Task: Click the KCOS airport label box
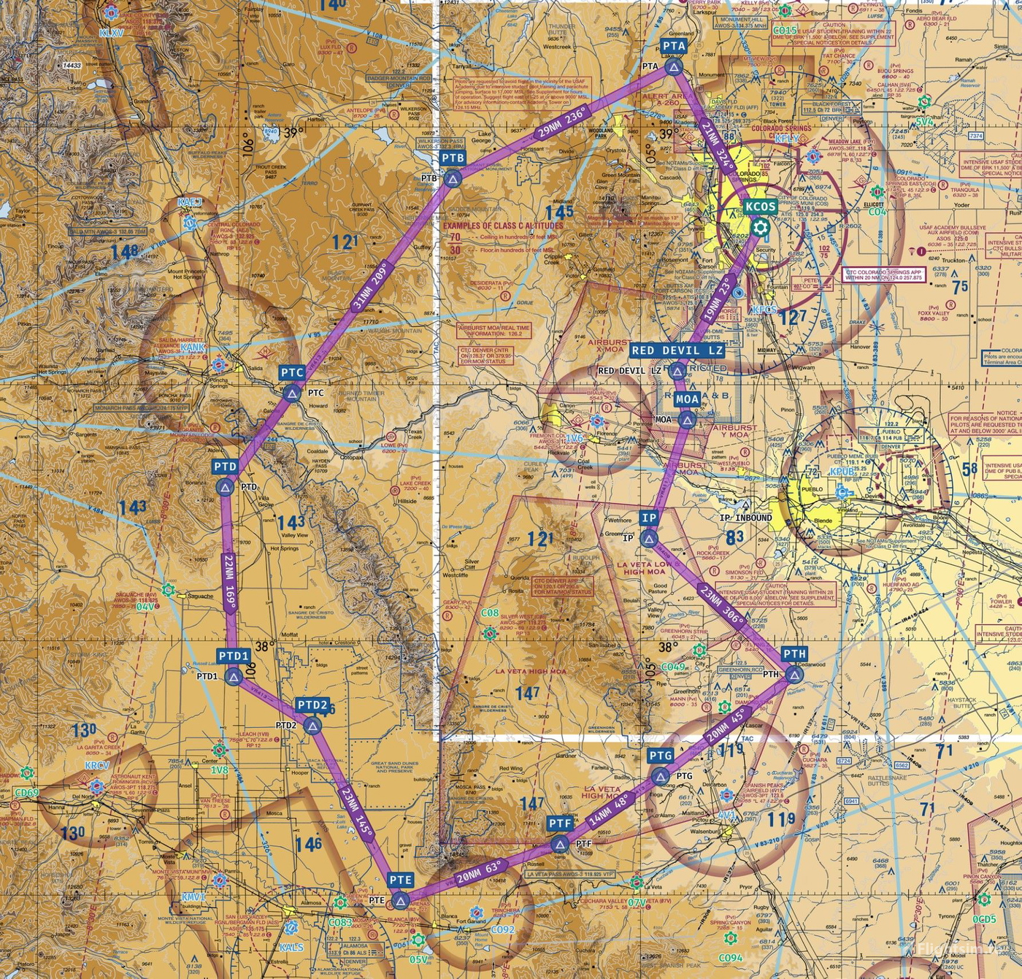pyautogui.click(x=760, y=207)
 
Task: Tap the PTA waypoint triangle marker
pyautogui.click(x=673, y=69)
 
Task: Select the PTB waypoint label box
pyautogui.click(x=453, y=158)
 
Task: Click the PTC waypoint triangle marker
pyautogui.click(x=292, y=394)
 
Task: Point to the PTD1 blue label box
pyautogui.click(x=234, y=656)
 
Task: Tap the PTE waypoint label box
pyautogui.click(x=401, y=880)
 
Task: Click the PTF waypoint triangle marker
pyautogui.click(x=560, y=845)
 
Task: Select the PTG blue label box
pyautogui.click(x=660, y=755)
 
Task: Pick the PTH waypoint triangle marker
pyautogui.click(x=794, y=675)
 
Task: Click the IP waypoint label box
pyautogui.click(x=648, y=518)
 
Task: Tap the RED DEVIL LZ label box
pyautogui.click(x=677, y=350)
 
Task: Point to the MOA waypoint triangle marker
pyautogui.click(x=686, y=420)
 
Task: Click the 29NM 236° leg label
pyautogui.click(x=562, y=123)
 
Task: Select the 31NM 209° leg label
pyautogui.click(x=370, y=286)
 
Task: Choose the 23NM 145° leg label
pyautogui.click(x=356, y=811)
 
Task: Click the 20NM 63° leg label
pyautogui.click(x=479, y=872)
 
